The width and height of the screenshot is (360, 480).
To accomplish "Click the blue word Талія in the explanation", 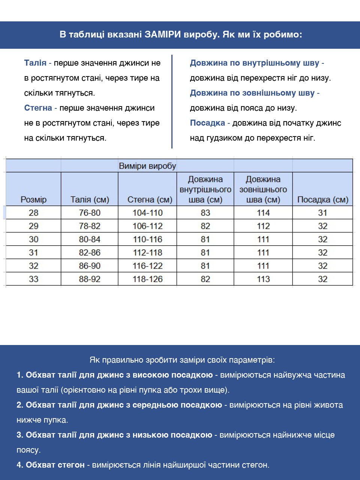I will (x=35, y=63).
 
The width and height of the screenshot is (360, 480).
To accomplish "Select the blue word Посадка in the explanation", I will (x=207, y=123).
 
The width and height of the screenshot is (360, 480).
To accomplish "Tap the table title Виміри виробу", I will (x=147, y=166).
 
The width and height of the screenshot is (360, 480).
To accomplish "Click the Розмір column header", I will (x=33, y=199).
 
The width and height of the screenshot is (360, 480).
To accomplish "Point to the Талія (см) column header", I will (x=90, y=199).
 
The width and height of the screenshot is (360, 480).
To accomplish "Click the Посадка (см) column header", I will (x=322, y=199).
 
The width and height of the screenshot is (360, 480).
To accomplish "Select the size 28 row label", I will (x=33, y=213).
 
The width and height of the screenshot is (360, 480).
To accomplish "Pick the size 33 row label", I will (x=33, y=279).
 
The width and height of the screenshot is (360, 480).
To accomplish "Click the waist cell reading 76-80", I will (x=90, y=213).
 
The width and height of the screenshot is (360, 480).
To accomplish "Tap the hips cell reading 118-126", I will (x=148, y=279).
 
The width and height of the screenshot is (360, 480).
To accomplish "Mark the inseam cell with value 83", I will (x=205, y=213).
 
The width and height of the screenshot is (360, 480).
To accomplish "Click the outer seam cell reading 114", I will (x=263, y=213).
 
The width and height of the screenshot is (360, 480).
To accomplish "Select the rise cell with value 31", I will (x=322, y=213).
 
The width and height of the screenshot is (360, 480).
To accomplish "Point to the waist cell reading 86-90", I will (x=90, y=266).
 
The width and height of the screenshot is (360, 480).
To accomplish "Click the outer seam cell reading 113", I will (x=263, y=279).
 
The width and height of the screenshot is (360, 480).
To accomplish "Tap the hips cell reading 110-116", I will (x=148, y=239).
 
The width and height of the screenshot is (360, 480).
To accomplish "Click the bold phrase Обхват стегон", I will (x=55, y=465).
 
